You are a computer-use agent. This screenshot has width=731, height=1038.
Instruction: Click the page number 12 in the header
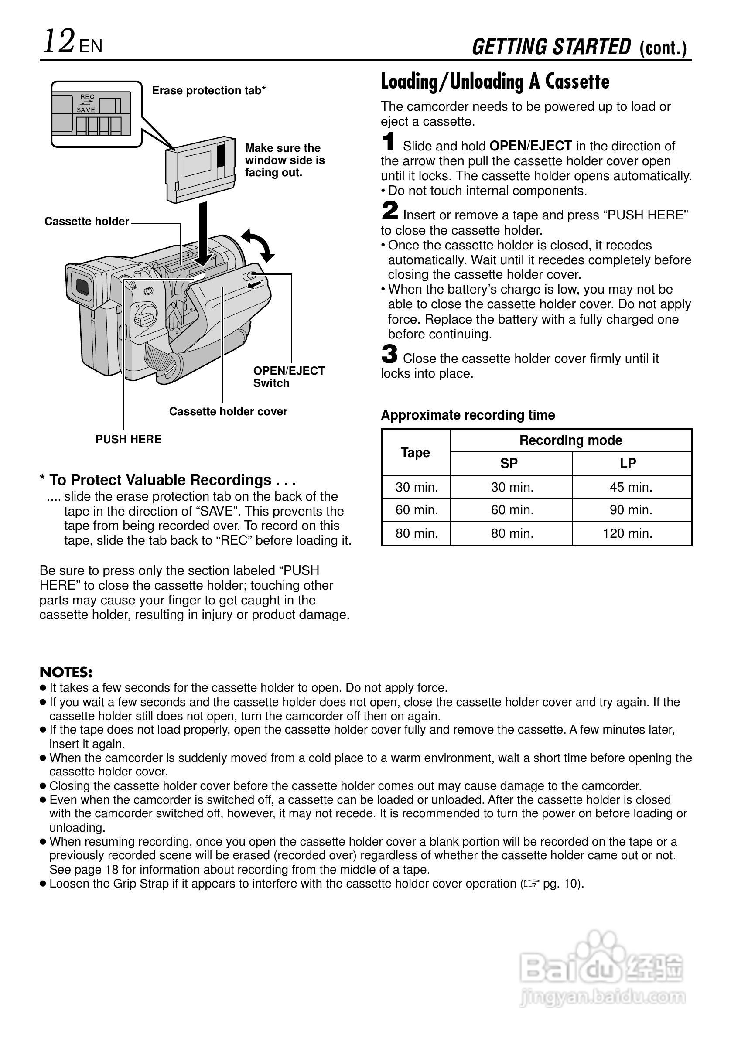pyautogui.click(x=59, y=41)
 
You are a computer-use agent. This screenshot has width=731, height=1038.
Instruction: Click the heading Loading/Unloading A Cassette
pyautogui.click(x=495, y=82)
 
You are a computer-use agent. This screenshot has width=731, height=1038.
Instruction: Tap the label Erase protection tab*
pyautogui.click(x=208, y=90)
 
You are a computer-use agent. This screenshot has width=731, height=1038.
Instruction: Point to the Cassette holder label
pyautogui.click(x=86, y=221)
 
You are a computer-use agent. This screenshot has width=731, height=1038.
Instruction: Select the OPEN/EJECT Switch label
pyautogui.click(x=288, y=376)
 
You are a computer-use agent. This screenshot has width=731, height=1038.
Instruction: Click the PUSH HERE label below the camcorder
pyautogui.click(x=128, y=439)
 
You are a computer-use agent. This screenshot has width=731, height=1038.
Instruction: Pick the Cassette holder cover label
pyautogui.click(x=228, y=411)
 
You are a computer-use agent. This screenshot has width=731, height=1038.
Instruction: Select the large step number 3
pyautogui.click(x=389, y=354)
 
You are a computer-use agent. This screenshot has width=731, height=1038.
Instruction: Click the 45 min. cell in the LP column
pyautogui.click(x=631, y=487)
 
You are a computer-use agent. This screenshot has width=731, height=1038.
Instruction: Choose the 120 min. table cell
pyautogui.click(x=628, y=533)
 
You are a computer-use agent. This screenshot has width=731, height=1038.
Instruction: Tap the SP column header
pyautogui.click(x=509, y=463)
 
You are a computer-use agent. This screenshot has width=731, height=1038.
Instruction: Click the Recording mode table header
pyautogui.click(x=570, y=440)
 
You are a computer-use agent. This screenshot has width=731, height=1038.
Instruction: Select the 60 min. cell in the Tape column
pyautogui.click(x=417, y=510)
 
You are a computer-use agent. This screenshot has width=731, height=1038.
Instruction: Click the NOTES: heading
pyautogui.click(x=66, y=672)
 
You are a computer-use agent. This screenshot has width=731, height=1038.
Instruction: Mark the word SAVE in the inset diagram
pyautogui.click(x=86, y=110)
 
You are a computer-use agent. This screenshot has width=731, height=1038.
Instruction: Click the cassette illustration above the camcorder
pyautogui.click(x=201, y=168)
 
